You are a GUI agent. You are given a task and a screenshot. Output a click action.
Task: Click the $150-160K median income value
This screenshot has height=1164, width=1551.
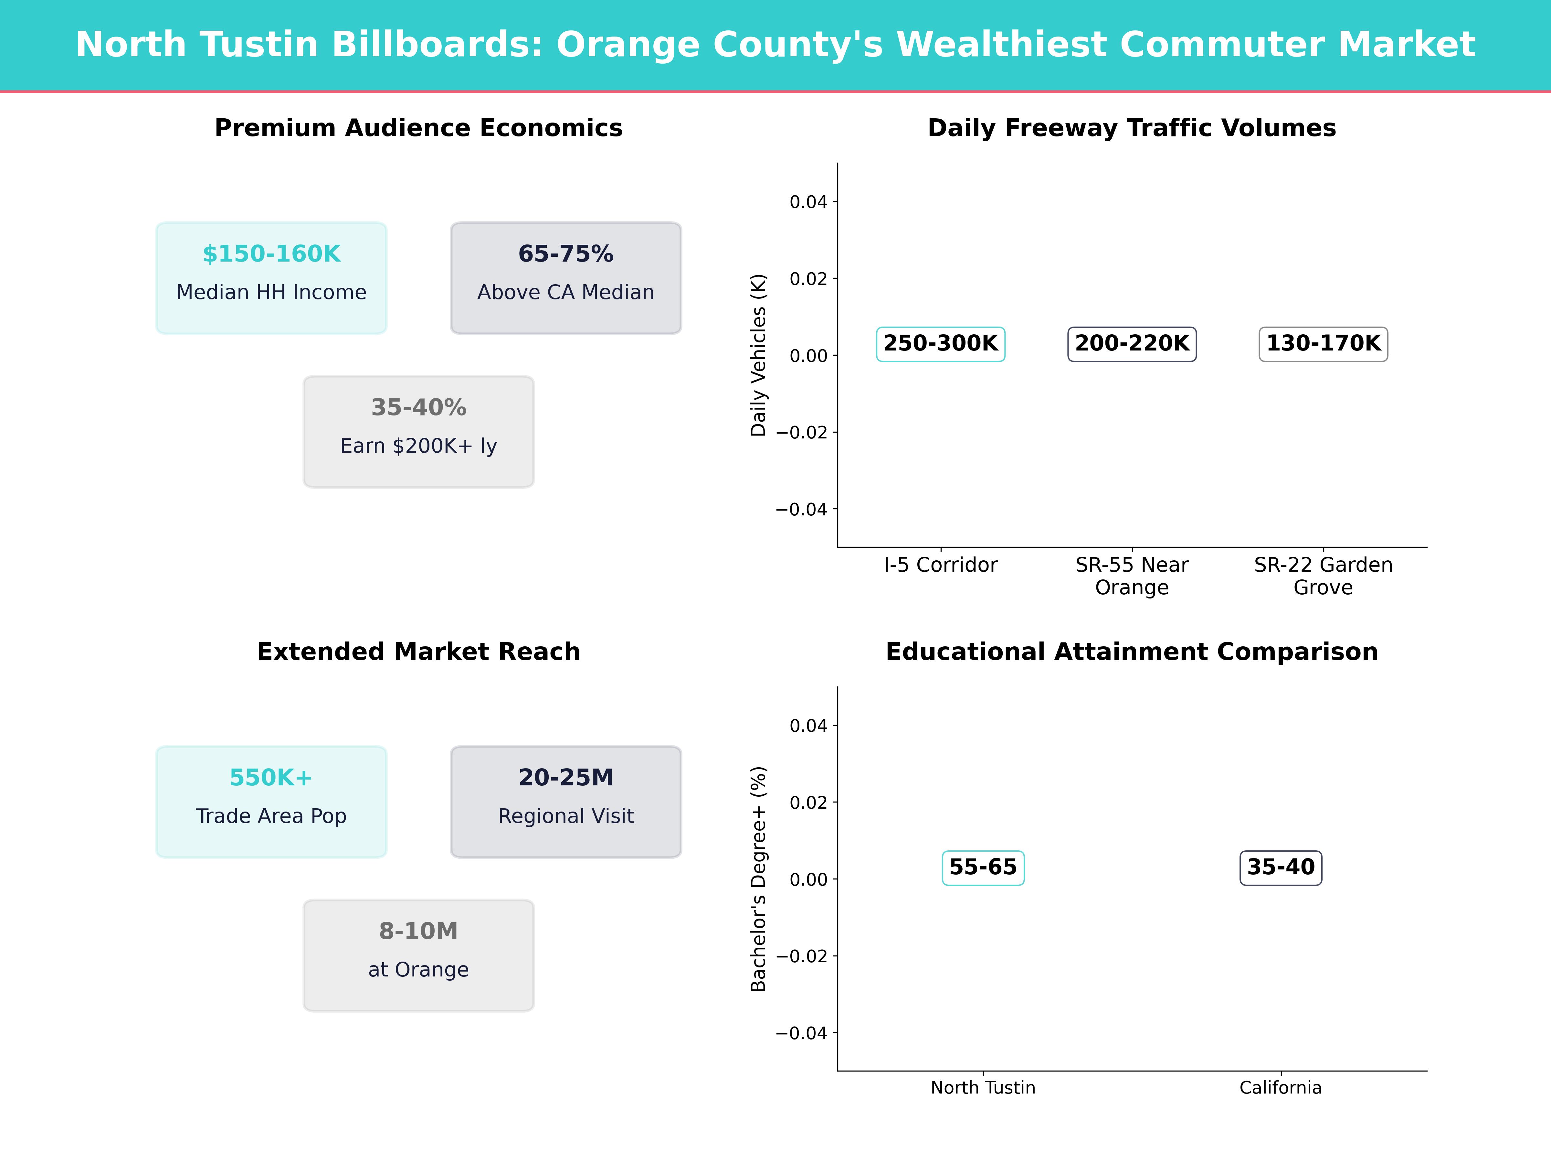pyautogui.click(x=271, y=254)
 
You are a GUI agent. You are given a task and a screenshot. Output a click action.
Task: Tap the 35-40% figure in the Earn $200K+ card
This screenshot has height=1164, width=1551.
pyautogui.click(x=418, y=408)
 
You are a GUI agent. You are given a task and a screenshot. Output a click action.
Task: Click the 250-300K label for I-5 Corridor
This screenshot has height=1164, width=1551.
pyautogui.click(x=940, y=344)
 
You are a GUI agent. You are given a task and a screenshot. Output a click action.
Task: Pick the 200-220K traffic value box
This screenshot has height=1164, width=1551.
pyautogui.click(x=1132, y=344)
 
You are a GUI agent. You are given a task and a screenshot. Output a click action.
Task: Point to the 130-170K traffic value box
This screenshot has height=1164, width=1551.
pyautogui.click(x=1323, y=344)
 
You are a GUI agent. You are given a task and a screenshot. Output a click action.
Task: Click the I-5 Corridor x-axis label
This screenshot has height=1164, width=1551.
pyautogui.click(x=940, y=565)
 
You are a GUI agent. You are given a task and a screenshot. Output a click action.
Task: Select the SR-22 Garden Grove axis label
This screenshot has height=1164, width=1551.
pyautogui.click(x=1323, y=576)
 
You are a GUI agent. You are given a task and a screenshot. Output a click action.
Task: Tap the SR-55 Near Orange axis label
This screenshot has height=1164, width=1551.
pyautogui.click(x=1132, y=576)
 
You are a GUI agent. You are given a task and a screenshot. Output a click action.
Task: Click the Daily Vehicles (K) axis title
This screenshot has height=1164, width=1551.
pyautogui.click(x=758, y=355)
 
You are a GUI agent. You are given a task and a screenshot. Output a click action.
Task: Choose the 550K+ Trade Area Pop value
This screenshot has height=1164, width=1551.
pyautogui.click(x=271, y=777)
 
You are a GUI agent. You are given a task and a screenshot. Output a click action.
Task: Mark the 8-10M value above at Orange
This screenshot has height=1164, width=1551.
pyautogui.click(x=418, y=931)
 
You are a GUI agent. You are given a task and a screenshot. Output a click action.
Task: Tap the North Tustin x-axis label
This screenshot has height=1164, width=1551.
pyautogui.click(x=983, y=1087)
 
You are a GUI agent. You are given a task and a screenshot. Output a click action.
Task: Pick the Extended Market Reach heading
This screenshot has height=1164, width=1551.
pyautogui.click(x=418, y=652)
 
